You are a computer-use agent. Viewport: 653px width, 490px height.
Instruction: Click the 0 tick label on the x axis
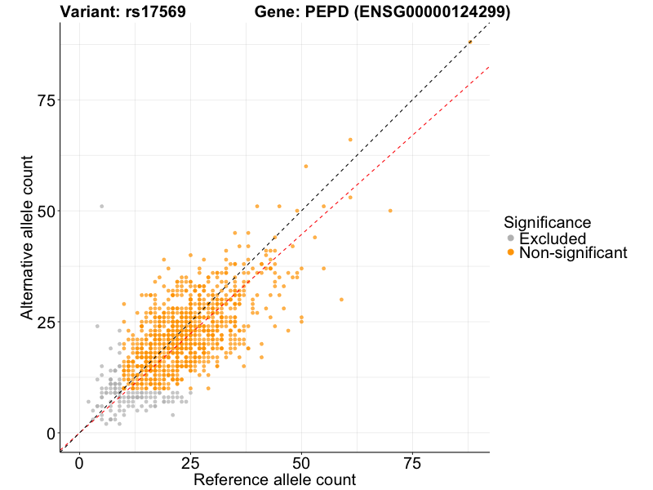pyautogui.click(x=79, y=463)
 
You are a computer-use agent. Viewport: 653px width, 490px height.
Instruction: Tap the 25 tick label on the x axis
pyautogui.click(x=190, y=463)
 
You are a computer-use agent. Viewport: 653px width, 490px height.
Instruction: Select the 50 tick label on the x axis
pyautogui.click(x=301, y=463)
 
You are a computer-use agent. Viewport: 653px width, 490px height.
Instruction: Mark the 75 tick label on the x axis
pyautogui.click(x=412, y=463)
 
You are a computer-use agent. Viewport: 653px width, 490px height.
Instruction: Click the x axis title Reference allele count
pyautogui.click(x=274, y=479)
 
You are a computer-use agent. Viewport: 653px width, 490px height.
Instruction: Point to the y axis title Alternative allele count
pyautogui.click(x=27, y=238)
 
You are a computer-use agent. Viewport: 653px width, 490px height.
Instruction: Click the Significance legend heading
pyautogui.click(x=547, y=222)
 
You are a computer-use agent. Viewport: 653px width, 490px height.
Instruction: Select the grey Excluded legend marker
pyautogui.click(x=510, y=238)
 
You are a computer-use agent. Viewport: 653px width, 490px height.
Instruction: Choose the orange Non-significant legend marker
pyautogui.click(x=510, y=253)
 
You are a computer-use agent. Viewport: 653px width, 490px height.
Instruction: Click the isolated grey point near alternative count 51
pyautogui.click(x=102, y=207)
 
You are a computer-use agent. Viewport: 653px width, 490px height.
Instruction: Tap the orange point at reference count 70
pyautogui.click(x=390, y=211)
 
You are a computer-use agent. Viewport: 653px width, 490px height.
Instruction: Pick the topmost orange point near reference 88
pyautogui.click(x=470, y=42)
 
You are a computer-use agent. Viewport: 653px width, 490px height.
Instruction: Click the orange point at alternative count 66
pyautogui.click(x=350, y=140)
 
